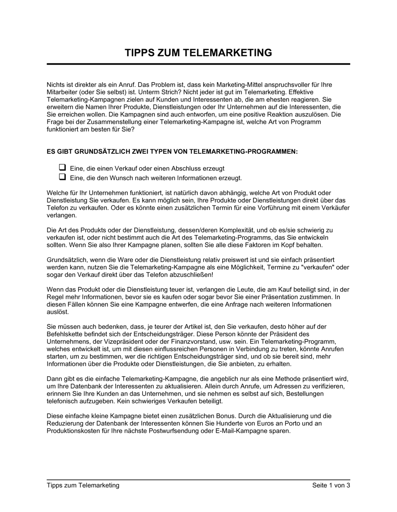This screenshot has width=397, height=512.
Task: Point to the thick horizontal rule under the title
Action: click(198, 64)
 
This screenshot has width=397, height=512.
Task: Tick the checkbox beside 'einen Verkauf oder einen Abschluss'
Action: click(62, 167)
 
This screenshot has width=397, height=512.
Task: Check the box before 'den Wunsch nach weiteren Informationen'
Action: click(62, 177)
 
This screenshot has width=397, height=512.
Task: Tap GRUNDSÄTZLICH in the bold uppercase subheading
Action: click(99, 152)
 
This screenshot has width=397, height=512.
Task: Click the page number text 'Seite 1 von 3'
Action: click(331, 485)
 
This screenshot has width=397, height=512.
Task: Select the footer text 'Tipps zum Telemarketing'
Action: click(83, 485)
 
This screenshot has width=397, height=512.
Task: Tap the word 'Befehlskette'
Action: click(65, 334)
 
